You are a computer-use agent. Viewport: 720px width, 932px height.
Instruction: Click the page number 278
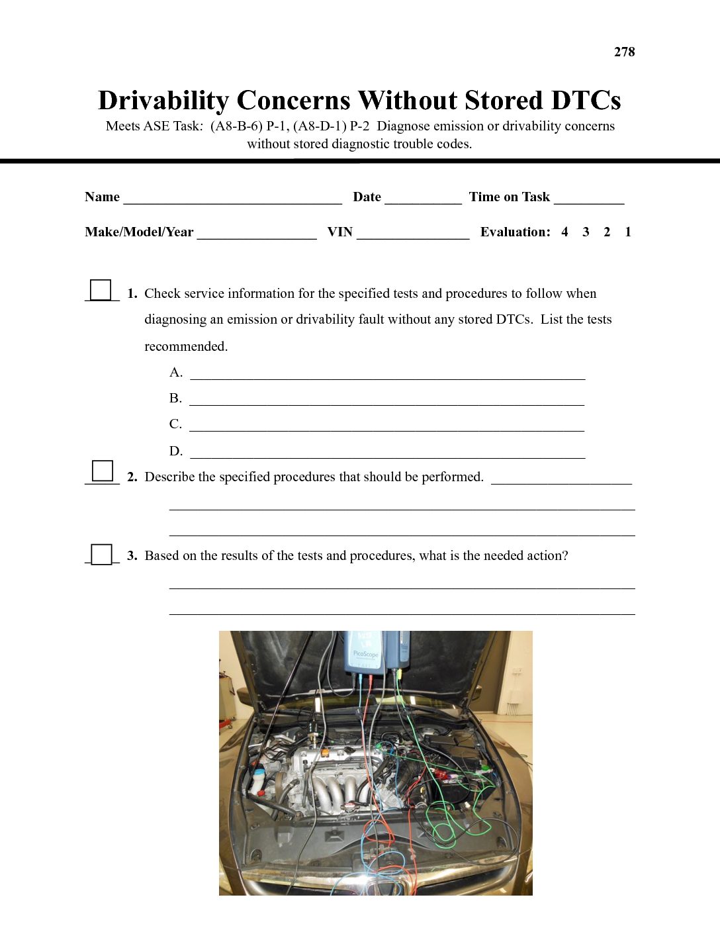coord(624,52)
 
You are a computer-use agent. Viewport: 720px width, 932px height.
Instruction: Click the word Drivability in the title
coord(163,101)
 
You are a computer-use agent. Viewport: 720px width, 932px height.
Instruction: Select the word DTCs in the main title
coord(586,101)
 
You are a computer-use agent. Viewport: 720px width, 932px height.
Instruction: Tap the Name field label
coord(102,197)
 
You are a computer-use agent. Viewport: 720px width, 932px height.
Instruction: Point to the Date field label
coord(367,197)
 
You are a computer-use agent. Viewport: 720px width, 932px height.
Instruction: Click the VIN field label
coord(339,232)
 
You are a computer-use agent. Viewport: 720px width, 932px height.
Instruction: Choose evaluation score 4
coord(564,232)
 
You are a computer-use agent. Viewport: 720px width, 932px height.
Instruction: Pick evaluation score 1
coord(628,232)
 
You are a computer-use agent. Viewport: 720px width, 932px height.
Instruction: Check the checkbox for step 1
coord(101,290)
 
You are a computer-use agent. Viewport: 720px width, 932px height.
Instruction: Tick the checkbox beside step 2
coord(103,471)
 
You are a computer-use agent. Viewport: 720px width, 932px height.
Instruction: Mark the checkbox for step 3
coord(102,554)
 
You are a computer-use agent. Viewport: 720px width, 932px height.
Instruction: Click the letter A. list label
coord(175,372)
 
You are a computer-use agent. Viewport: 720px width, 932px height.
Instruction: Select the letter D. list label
coord(175,451)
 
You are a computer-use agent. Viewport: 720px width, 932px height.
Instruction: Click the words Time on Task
coord(509,197)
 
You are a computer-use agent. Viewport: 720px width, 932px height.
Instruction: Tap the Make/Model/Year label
coord(139,232)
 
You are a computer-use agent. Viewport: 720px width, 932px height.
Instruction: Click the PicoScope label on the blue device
coord(365,653)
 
